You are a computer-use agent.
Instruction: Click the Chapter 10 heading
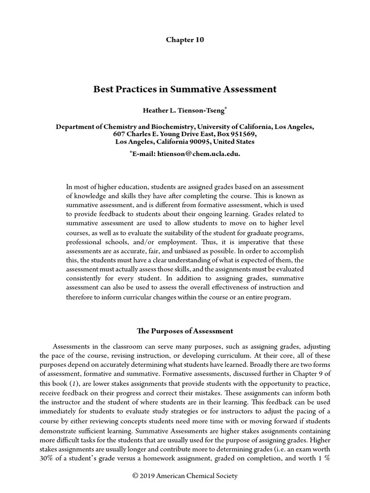click(x=185, y=40)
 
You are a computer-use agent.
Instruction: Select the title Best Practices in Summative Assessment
click(x=185, y=89)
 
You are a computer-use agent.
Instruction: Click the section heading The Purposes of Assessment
click(x=185, y=331)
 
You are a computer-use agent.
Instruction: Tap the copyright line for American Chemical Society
click(x=185, y=476)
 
